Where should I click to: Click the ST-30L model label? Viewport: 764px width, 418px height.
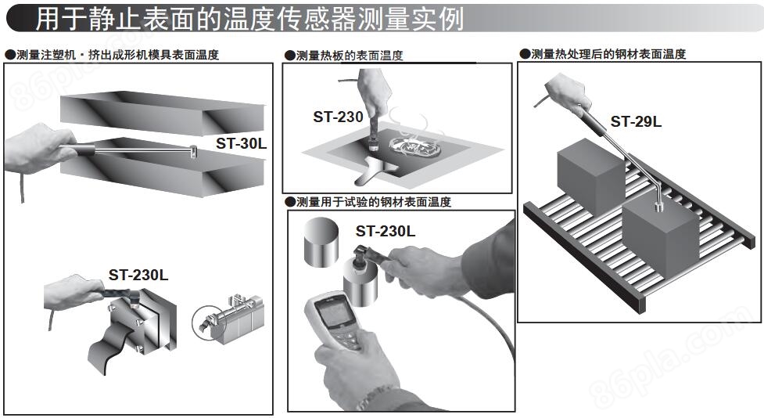pos(241,143)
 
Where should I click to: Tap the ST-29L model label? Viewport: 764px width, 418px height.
pos(636,121)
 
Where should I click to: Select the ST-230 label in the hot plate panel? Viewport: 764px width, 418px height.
pos(338,117)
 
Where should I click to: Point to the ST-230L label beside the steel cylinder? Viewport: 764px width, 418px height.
pos(386,231)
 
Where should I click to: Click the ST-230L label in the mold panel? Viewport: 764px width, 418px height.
pos(138,275)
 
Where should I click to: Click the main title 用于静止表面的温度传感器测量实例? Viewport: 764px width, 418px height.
pos(249,19)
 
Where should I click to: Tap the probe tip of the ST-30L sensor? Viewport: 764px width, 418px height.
pos(192,151)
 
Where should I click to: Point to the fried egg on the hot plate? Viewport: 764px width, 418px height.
pos(414,146)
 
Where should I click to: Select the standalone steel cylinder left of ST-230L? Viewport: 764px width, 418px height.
pos(321,243)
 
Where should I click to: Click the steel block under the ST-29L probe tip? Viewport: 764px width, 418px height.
pos(661,232)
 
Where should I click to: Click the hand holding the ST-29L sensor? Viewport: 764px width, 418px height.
pos(568,92)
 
